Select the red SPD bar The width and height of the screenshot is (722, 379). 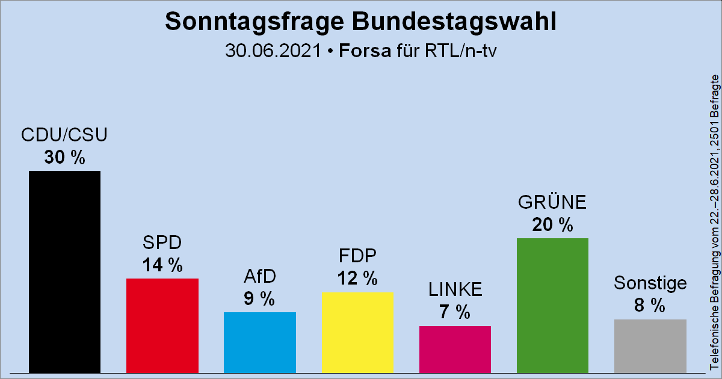(x=162, y=325)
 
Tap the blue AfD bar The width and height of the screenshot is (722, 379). (x=259, y=342)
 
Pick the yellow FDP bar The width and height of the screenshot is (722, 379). (x=357, y=331)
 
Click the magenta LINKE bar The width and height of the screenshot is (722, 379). (x=455, y=349)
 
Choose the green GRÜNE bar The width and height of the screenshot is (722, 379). (x=552, y=304)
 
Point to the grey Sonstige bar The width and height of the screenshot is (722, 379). (x=650, y=345)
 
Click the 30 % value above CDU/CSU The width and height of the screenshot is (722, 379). (x=64, y=158)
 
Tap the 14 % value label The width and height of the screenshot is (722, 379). (x=162, y=265)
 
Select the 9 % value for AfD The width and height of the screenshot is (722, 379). (x=259, y=299)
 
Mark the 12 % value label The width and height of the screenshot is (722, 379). (x=357, y=279)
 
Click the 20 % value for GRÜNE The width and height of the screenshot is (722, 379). (x=552, y=225)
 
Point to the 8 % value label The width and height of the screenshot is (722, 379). (x=650, y=306)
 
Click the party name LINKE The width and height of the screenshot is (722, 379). (x=455, y=290)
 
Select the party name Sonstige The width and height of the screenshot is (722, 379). (x=650, y=283)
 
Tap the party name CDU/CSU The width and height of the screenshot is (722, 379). (x=64, y=135)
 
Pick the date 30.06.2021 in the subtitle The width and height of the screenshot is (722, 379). (x=273, y=51)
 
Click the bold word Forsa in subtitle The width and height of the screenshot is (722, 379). (x=365, y=51)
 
